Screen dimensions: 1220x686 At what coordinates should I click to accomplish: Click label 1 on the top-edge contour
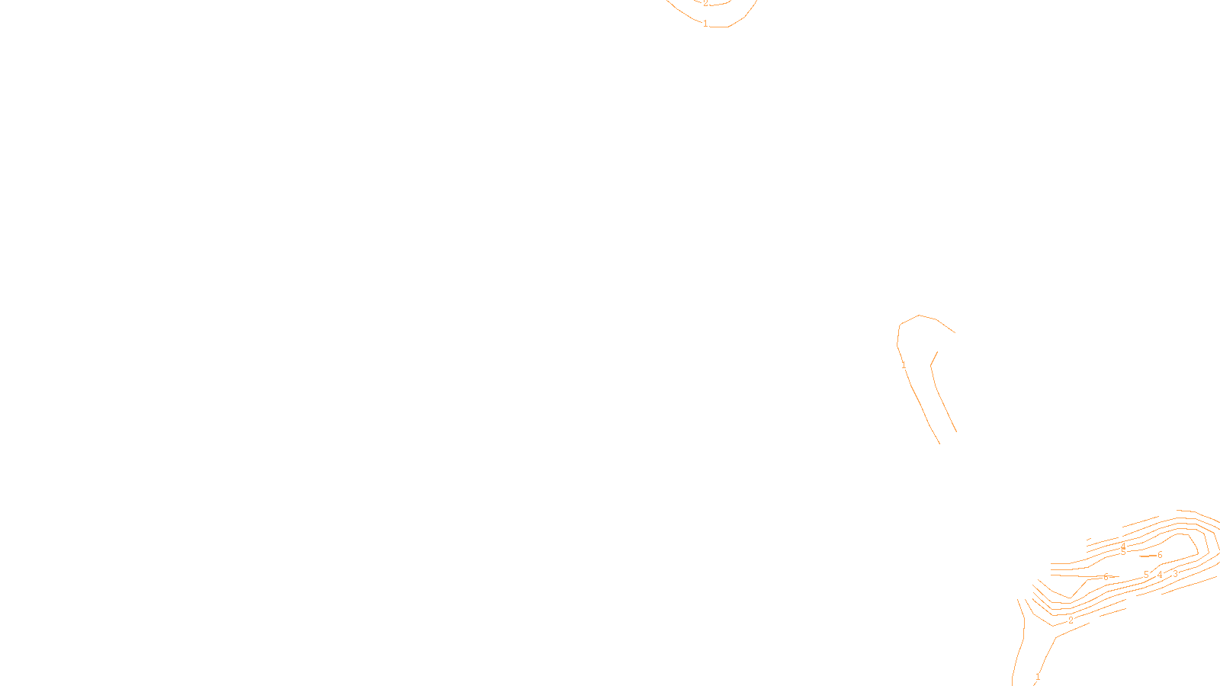[x=705, y=24]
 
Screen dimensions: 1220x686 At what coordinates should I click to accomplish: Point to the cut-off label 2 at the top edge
[x=705, y=3]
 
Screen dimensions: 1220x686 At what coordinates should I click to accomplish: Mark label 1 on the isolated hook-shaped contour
[x=904, y=365]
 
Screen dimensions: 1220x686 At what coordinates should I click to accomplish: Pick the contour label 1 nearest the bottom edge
[x=1038, y=677]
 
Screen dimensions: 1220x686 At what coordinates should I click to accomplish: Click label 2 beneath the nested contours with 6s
[x=1071, y=620]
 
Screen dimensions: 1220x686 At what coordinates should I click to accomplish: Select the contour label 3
[x=1175, y=574]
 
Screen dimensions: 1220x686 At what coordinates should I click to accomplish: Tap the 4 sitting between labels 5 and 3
[x=1160, y=575]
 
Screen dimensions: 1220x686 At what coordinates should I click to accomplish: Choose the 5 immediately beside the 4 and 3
[x=1146, y=575]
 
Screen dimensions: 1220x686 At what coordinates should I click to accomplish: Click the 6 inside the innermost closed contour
[x=1160, y=555]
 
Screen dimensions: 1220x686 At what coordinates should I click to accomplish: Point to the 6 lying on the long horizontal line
[x=1106, y=577]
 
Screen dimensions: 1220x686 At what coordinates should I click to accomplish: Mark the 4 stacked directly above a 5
[x=1123, y=546]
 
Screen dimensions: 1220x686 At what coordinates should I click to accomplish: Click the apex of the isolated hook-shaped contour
[x=920, y=315]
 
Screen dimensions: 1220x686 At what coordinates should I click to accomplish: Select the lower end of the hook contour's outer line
[x=939, y=443]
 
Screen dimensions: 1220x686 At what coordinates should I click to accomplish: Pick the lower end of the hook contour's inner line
[x=956, y=431]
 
